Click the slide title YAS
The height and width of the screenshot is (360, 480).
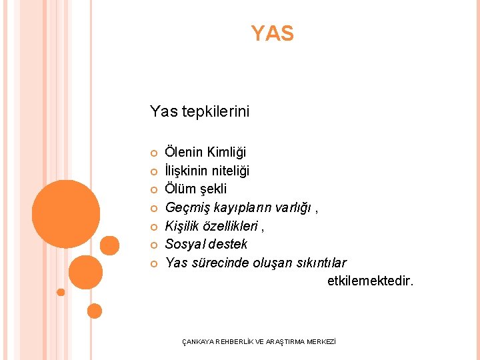pos(272,33)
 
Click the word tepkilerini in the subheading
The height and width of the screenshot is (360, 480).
pos(216,111)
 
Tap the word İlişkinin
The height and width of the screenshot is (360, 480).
pos(186,171)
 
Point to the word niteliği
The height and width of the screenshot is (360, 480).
pos(230,171)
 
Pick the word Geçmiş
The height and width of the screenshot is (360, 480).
pos(185,208)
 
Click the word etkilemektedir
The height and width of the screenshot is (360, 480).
pos(370,281)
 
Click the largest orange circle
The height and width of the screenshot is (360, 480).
pos(66,214)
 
